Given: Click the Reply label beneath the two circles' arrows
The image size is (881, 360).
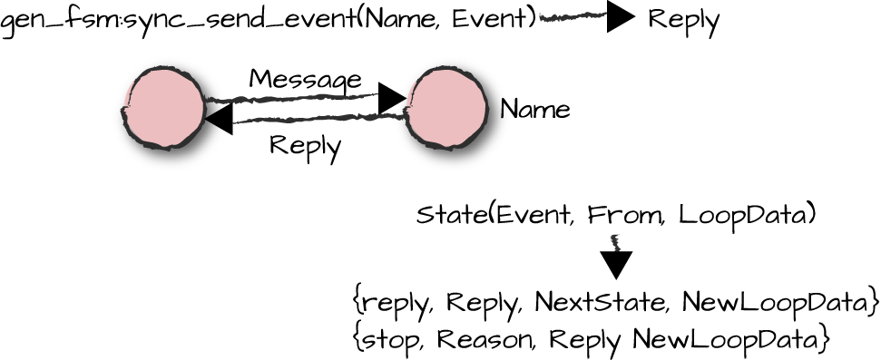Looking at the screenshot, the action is coord(305,146).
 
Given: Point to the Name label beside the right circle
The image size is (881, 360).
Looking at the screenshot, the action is coord(535,111).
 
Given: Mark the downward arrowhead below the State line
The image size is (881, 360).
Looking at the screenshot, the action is coord(617,264).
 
